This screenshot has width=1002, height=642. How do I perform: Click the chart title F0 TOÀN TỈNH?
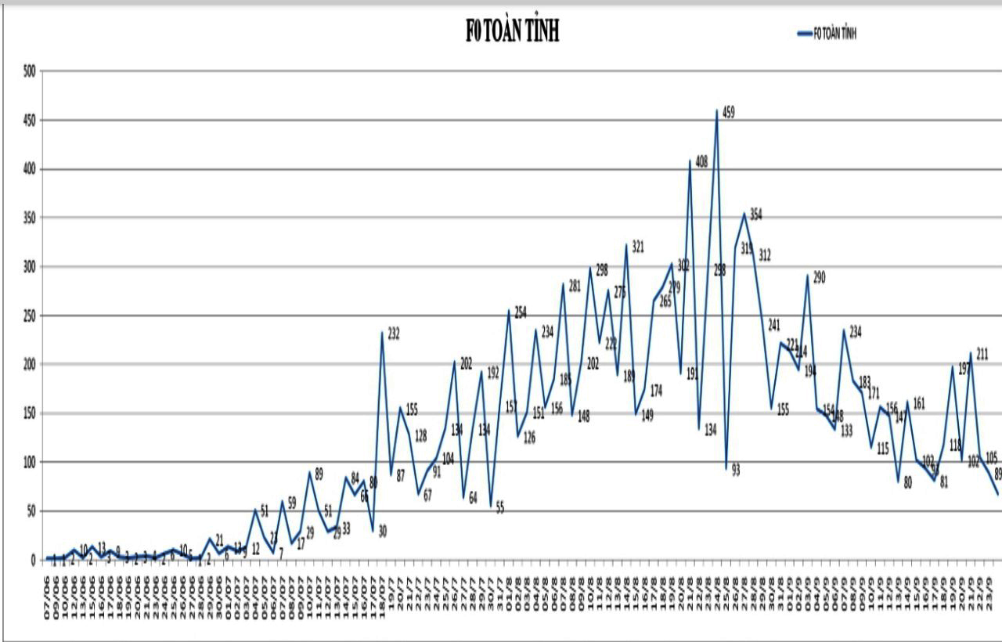[512, 32]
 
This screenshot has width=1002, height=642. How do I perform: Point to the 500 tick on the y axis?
[29, 71]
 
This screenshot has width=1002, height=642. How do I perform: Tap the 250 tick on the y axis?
[29, 316]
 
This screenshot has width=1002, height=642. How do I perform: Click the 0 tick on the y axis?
[33, 560]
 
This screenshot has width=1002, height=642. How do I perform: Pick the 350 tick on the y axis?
[29, 218]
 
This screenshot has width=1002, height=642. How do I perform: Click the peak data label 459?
[728, 113]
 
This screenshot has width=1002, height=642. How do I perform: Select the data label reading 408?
[701, 162]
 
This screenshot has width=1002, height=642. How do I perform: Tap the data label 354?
[755, 214]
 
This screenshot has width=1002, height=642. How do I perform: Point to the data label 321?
[637, 247]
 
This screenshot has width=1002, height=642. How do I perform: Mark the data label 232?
[394, 334]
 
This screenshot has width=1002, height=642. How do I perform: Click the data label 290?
[819, 277]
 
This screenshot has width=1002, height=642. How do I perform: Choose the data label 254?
[521, 312]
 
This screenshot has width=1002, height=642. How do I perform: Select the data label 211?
[982, 353]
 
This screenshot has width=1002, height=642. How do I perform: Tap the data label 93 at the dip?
[735, 470]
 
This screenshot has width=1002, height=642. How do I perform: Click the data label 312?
[765, 254]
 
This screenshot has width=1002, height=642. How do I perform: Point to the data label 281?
[575, 286]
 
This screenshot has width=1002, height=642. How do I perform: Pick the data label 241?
[774, 325]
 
